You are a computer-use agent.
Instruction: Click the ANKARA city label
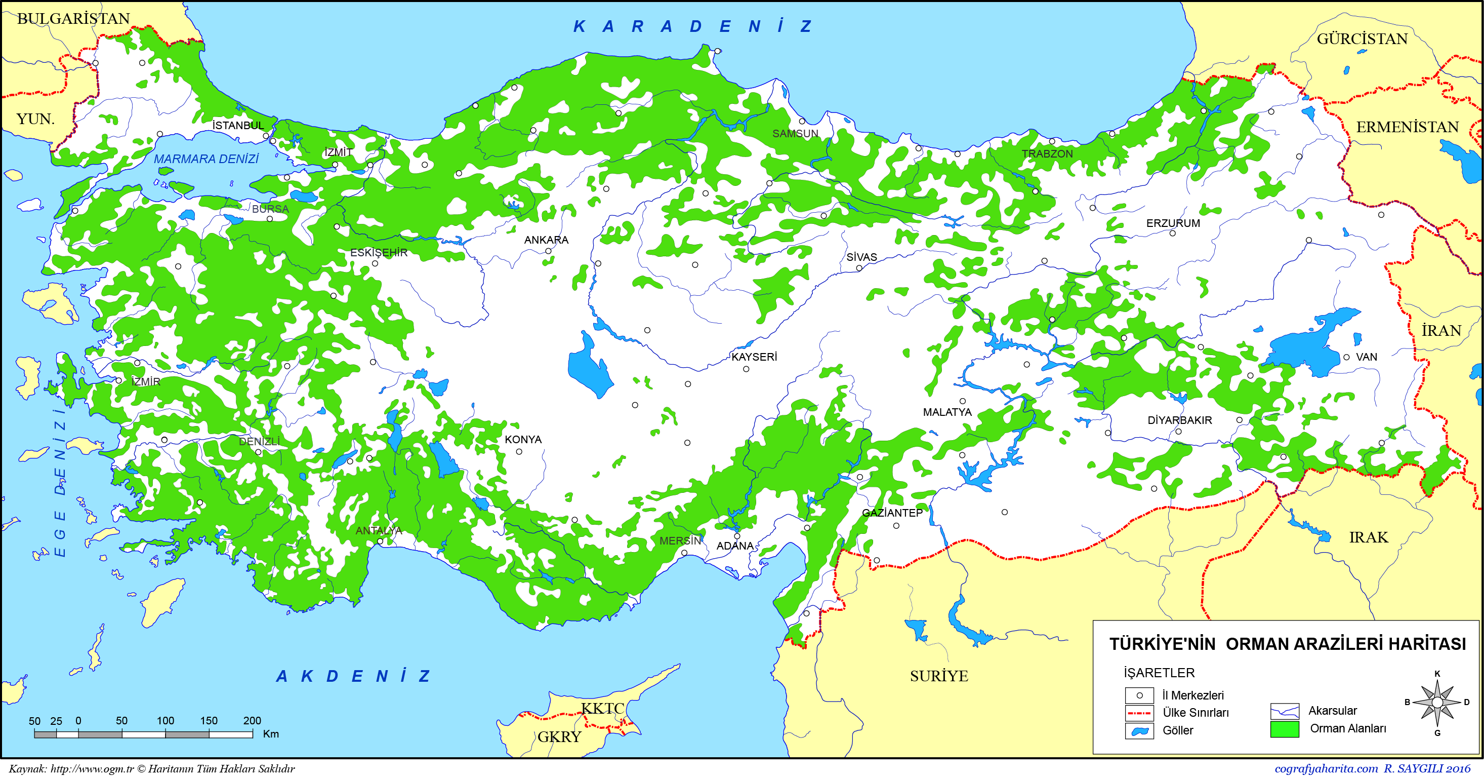click(546, 240)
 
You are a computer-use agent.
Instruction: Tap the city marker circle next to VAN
click(1346, 358)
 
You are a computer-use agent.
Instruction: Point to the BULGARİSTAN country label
click(73, 18)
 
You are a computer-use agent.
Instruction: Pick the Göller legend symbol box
click(1139, 731)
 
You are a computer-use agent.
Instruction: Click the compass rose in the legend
click(1437, 702)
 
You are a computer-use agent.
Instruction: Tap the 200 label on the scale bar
click(252, 720)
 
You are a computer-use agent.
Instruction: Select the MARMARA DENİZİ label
click(205, 159)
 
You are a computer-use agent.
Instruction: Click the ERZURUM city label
click(1172, 223)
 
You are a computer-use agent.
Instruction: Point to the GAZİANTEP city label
click(892, 513)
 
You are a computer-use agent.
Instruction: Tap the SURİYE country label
click(938, 676)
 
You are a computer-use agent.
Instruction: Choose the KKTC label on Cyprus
click(602, 709)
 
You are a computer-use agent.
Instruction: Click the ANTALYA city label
click(379, 530)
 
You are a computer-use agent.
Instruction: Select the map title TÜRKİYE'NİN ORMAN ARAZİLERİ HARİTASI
click(1287, 644)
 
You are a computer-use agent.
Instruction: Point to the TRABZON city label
click(1047, 154)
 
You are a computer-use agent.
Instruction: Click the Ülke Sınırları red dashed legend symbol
click(1139, 713)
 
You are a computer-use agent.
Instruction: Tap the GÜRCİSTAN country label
click(1362, 38)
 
